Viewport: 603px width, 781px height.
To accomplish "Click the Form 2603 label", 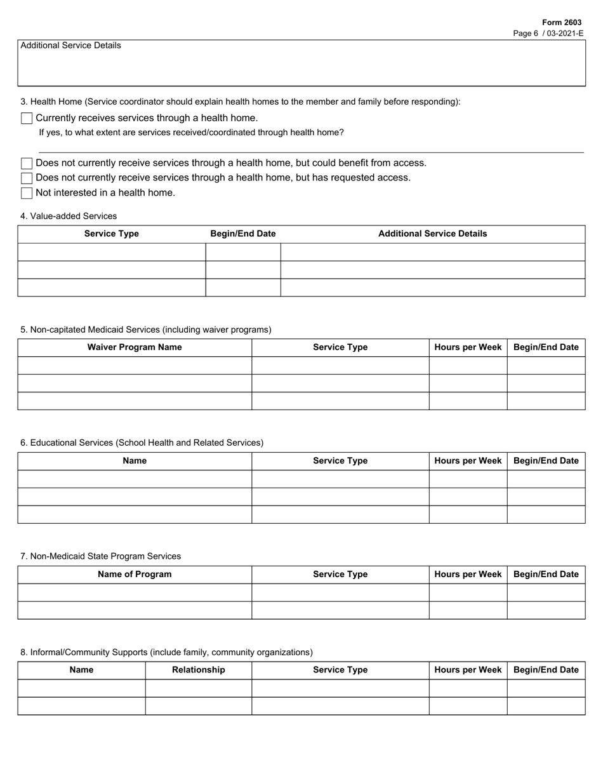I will click(x=561, y=22).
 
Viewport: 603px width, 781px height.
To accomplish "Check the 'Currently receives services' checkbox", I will click(x=27, y=118).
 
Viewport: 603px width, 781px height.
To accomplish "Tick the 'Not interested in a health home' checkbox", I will click(x=27, y=193).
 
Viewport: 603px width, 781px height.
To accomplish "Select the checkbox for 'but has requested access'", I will click(x=27, y=178).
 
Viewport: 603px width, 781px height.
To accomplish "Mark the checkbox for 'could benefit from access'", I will click(x=27, y=164).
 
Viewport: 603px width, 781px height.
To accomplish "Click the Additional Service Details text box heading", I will click(x=70, y=46).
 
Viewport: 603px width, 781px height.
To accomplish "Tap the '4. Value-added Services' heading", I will click(x=69, y=216).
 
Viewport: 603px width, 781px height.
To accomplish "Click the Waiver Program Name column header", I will click(x=135, y=347).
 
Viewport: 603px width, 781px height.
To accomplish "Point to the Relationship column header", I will click(x=198, y=670).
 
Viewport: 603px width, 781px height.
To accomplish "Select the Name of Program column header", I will click(x=135, y=575).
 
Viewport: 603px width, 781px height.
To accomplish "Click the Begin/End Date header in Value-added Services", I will click(x=243, y=234).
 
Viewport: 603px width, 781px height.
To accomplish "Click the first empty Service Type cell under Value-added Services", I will click(x=112, y=252).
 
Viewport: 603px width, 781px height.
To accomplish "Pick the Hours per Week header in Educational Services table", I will click(x=468, y=461).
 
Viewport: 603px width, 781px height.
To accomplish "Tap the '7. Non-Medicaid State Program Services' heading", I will click(x=100, y=556).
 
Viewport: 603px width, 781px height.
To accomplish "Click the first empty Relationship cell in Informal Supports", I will click(x=198, y=688).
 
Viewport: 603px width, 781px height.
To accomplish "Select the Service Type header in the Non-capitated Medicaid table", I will click(x=340, y=347).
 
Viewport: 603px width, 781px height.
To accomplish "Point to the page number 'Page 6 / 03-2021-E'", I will click(x=548, y=33).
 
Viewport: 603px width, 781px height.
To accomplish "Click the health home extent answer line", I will click(x=311, y=147).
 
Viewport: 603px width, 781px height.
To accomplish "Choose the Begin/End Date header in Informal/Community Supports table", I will click(x=546, y=670).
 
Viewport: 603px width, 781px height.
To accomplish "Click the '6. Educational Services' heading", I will click(x=142, y=443).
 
